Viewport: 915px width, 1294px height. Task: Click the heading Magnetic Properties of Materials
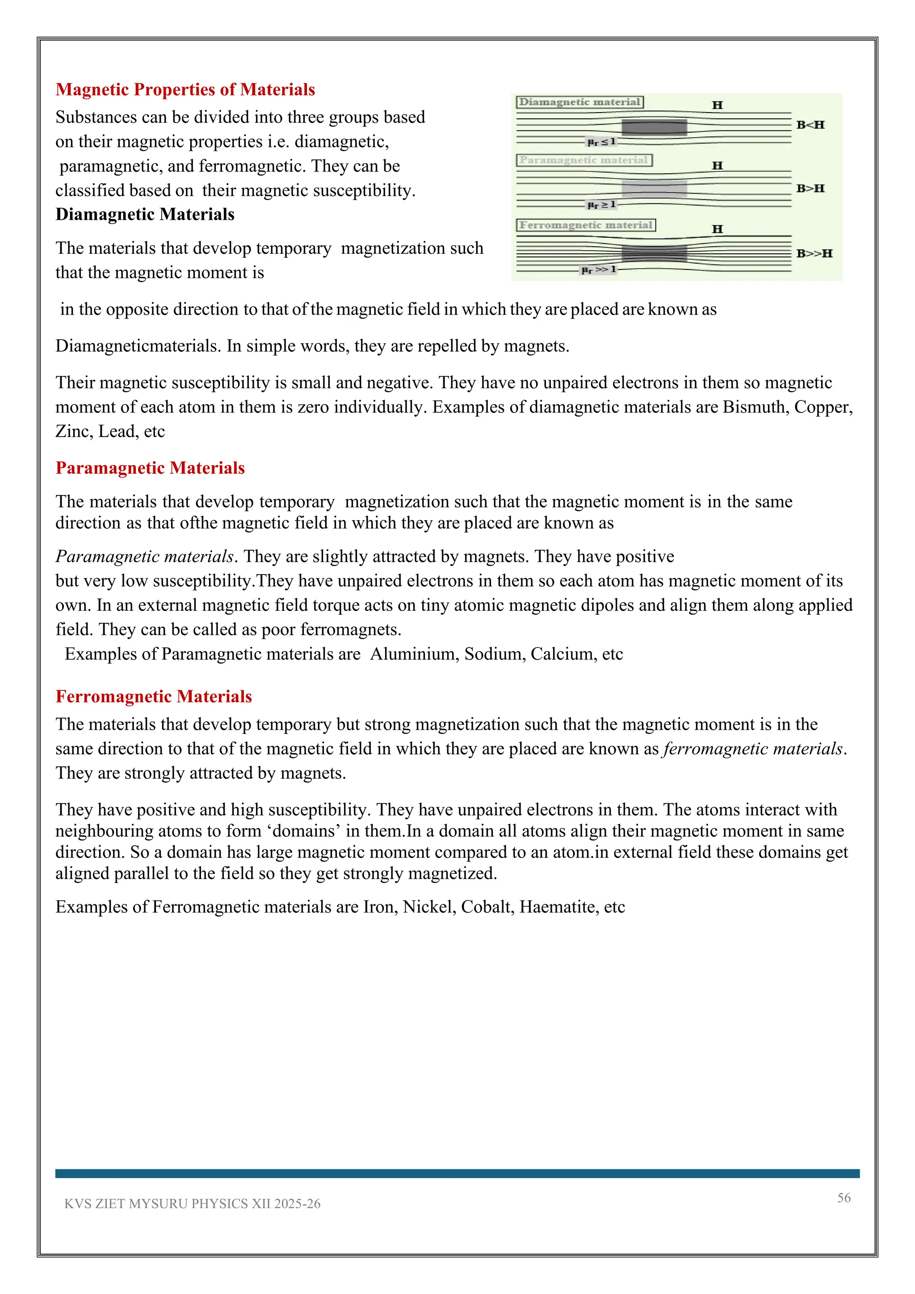click(x=185, y=90)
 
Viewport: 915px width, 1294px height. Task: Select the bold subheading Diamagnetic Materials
click(x=145, y=215)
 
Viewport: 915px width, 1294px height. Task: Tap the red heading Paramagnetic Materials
click(x=150, y=468)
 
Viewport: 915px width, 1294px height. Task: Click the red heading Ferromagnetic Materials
click(x=153, y=697)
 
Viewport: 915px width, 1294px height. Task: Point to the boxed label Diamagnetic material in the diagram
click(x=580, y=102)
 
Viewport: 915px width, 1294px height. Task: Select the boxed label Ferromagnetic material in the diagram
click(x=586, y=226)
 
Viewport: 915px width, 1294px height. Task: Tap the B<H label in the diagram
click(x=810, y=125)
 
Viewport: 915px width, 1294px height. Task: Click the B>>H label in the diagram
click(x=814, y=254)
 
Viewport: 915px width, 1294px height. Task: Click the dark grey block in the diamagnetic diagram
click(x=654, y=127)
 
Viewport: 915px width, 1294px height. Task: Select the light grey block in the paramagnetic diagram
click(x=654, y=188)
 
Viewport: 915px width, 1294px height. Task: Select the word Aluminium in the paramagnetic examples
click(x=414, y=654)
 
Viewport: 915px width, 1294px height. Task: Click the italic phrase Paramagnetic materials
click(x=145, y=557)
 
